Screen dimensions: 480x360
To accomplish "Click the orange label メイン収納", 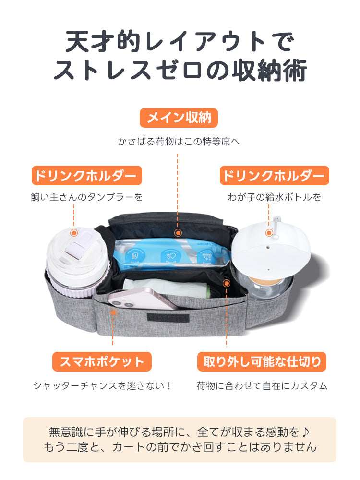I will [x=179, y=118].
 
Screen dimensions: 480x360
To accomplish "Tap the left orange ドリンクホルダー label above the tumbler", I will [x=87, y=176].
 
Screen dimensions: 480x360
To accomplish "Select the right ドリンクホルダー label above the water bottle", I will [x=274, y=176].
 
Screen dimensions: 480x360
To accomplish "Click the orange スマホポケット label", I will [x=102, y=361].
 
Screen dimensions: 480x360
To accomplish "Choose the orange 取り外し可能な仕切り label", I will [x=262, y=361].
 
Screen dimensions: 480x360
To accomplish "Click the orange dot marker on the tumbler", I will [x=74, y=233].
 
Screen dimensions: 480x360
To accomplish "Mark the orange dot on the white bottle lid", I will [x=269, y=233].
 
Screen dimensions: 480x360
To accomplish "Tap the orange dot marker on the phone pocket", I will [x=114, y=312].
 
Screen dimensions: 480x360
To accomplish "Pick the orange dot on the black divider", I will [x=227, y=283].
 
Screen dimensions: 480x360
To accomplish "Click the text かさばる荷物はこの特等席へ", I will [x=179, y=142].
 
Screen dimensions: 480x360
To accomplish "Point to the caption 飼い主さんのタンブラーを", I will [x=87, y=197].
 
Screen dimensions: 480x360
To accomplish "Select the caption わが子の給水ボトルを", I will [x=274, y=197].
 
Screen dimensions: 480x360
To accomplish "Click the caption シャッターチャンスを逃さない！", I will [x=102, y=385].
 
